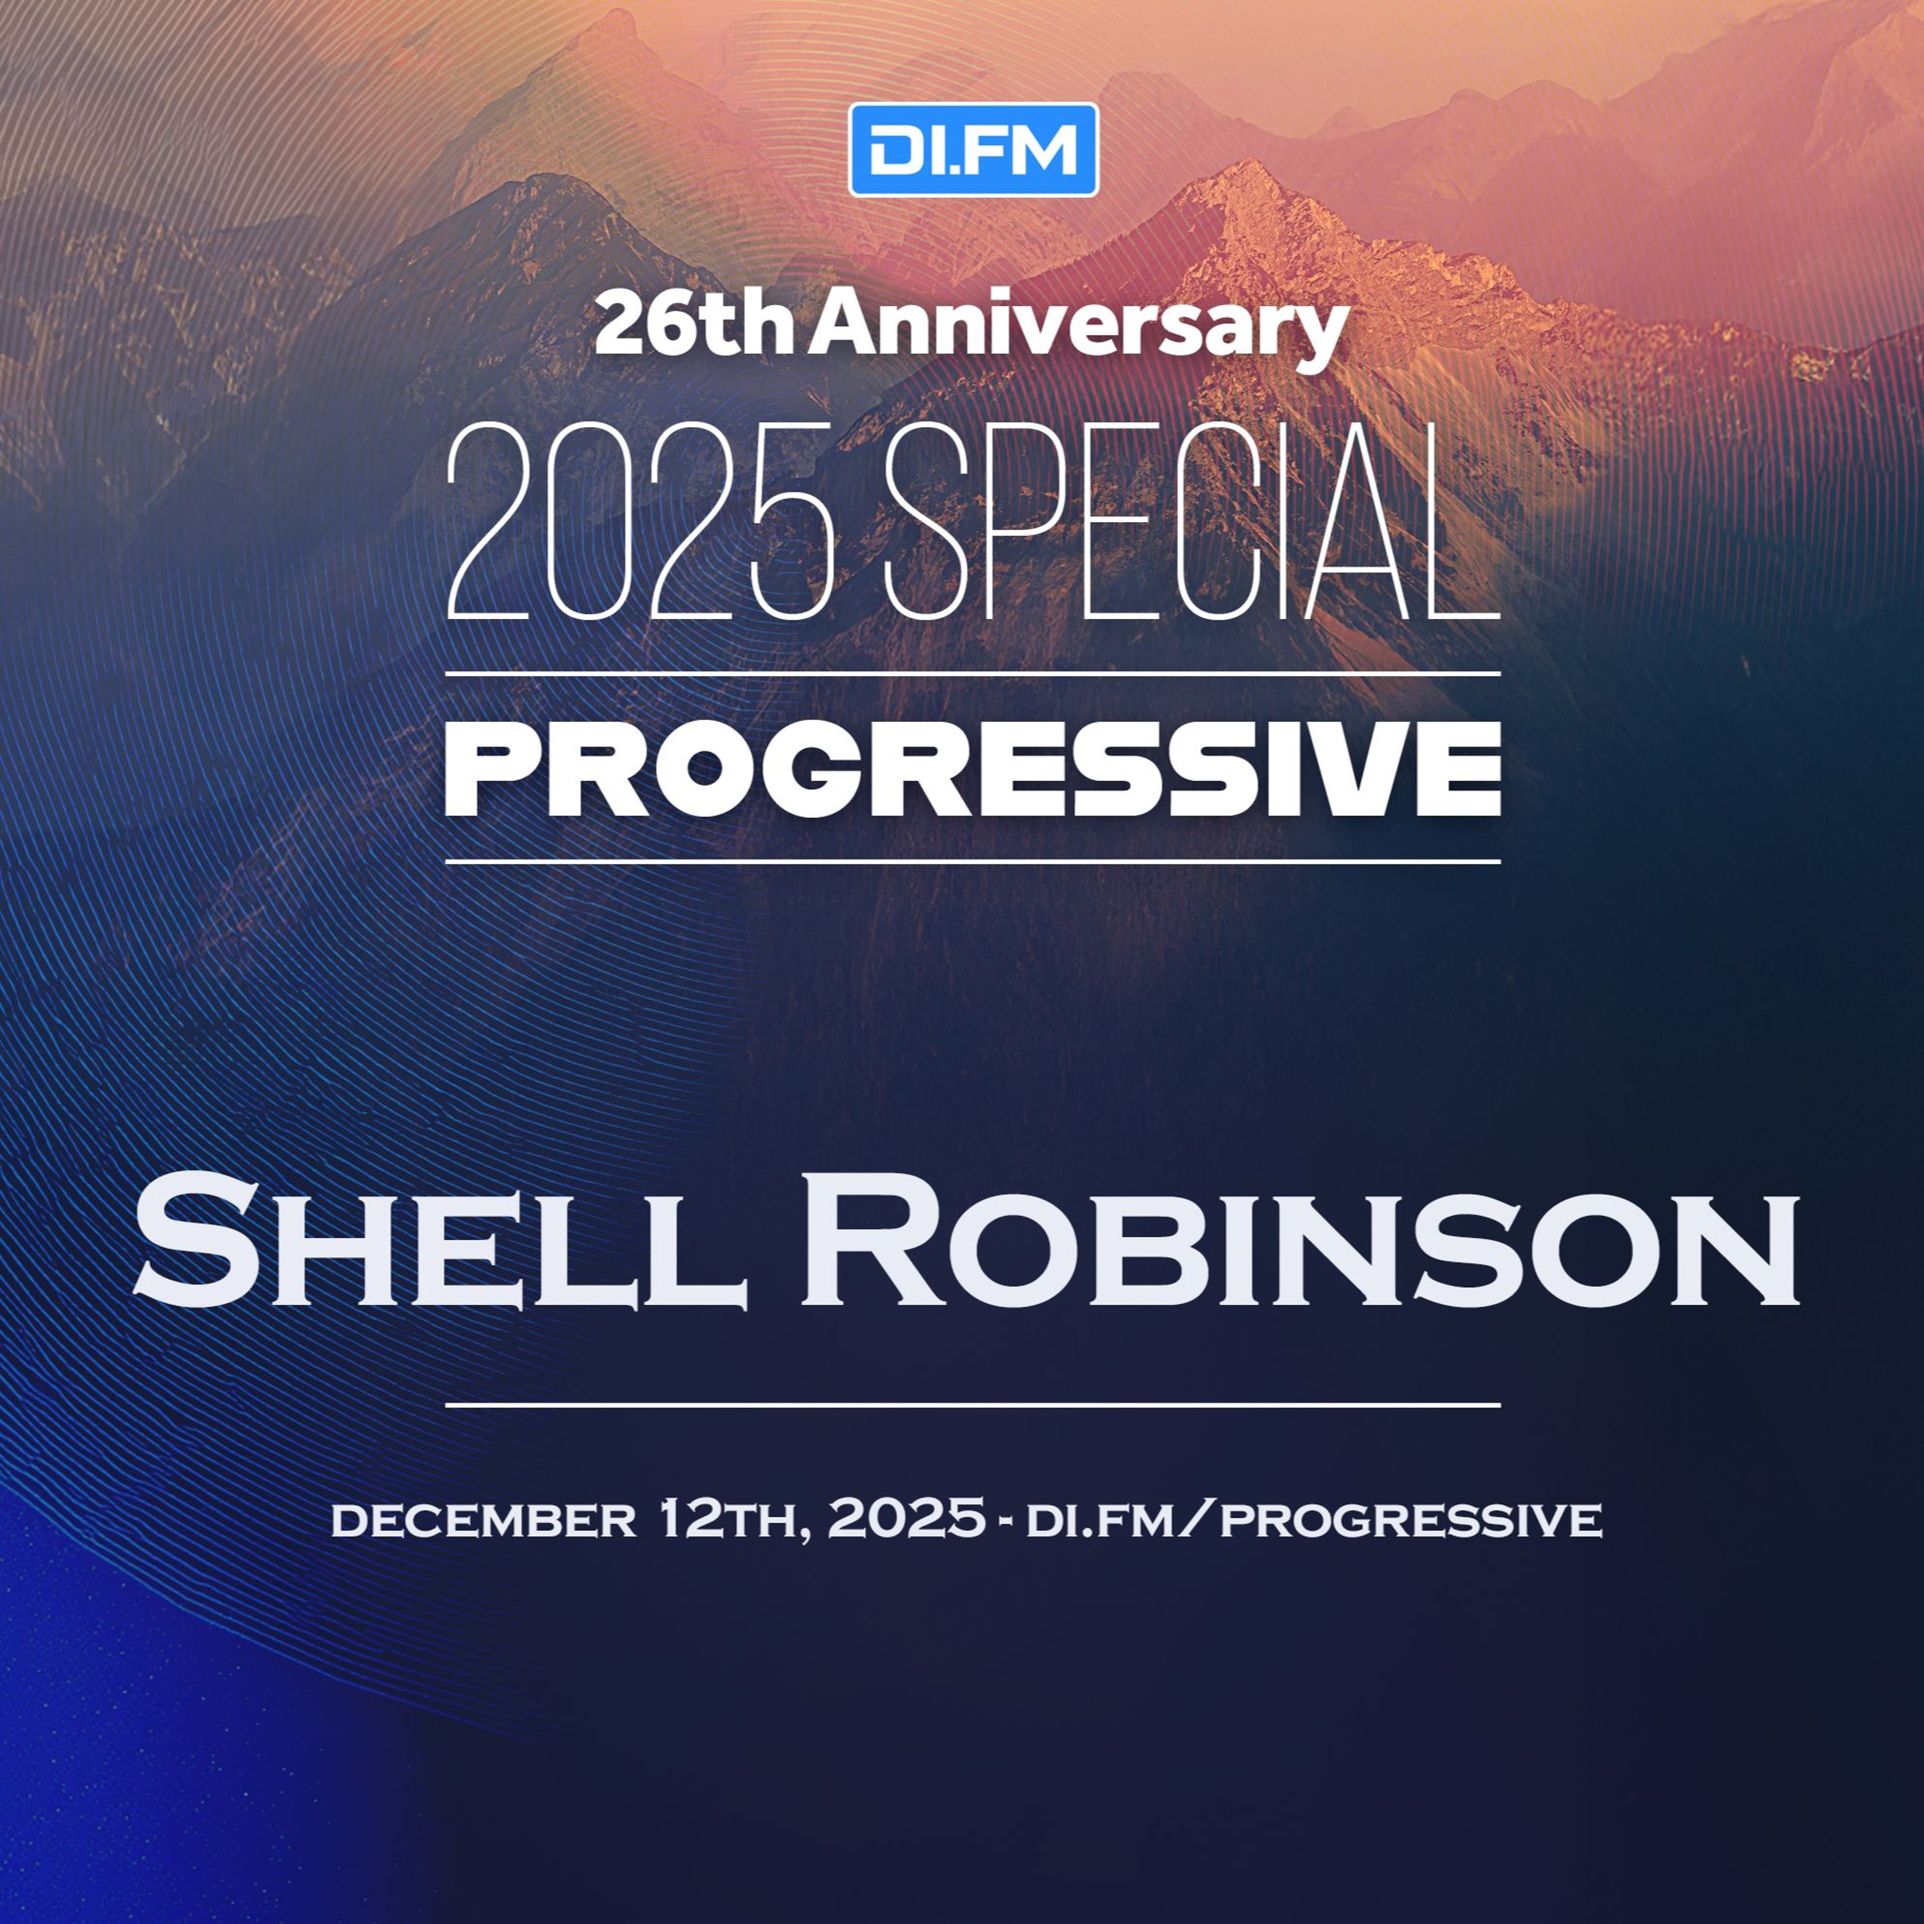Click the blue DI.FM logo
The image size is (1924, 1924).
tap(973, 149)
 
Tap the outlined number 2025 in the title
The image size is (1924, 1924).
tap(640, 521)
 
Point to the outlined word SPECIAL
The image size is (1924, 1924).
tap(1192, 521)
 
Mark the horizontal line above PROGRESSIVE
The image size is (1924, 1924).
tap(973, 674)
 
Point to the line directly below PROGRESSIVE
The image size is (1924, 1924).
tap(973, 861)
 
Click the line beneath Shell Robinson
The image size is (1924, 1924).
tap(973, 1405)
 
